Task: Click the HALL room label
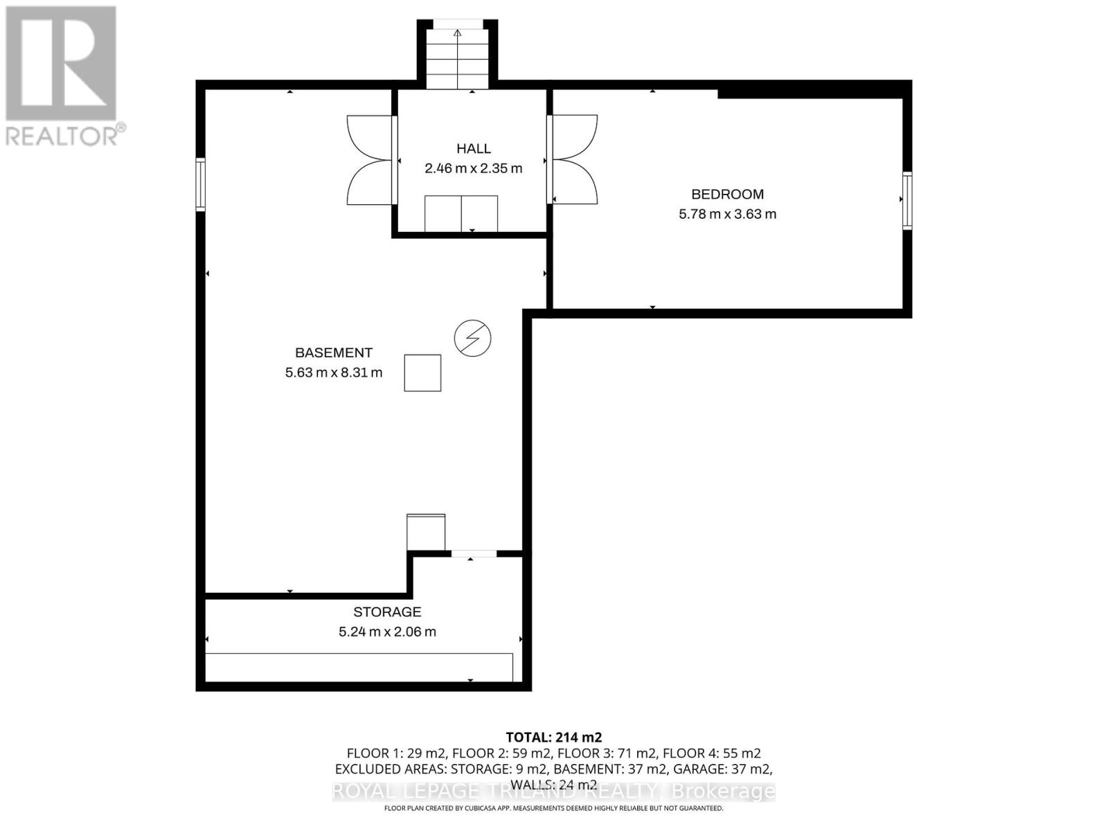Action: click(x=474, y=148)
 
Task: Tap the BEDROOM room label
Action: click(x=727, y=195)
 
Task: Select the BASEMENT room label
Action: click(x=334, y=352)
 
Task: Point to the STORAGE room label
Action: click(x=387, y=611)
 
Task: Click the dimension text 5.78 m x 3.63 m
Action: click(x=727, y=214)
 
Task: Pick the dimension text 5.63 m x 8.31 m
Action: click(x=334, y=373)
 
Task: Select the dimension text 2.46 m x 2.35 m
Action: click(x=474, y=168)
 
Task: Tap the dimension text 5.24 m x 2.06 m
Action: click(x=387, y=632)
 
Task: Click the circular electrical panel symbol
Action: click(x=472, y=339)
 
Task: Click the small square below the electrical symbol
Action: click(x=422, y=373)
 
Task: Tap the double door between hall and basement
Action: click(x=371, y=160)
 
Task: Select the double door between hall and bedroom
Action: click(x=573, y=160)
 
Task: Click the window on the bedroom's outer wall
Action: click(x=906, y=199)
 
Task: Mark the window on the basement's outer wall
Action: click(x=201, y=184)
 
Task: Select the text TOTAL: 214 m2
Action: click(x=553, y=737)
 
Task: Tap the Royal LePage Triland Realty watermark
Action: click(x=553, y=791)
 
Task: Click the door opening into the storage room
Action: click(x=474, y=553)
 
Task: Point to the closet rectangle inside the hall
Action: click(x=461, y=214)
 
